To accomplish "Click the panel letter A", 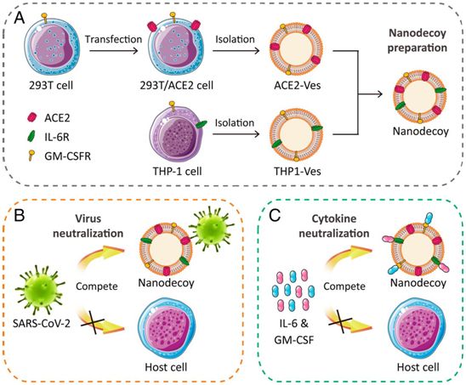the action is click(20, 19).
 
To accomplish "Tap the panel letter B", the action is click(20, 216).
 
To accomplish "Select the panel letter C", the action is click(275, 216).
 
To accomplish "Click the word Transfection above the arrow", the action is click(114, 39).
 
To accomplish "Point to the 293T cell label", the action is click(51, 86).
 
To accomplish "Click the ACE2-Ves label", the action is click(297, 86).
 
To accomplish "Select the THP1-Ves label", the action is click(298, 172).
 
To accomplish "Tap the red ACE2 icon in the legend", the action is click(31, 117).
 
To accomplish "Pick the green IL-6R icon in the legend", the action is click(31, 136).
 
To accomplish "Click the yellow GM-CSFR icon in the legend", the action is click(31, 156).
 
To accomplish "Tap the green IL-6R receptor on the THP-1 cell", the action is click(201, 124).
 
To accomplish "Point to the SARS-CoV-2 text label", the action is click(42, 323).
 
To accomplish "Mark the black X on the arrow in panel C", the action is click(341, 321).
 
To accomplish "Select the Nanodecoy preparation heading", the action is click(418, 41).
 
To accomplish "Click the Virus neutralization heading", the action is click(88, 226).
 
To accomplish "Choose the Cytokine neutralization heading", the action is click(334, 226).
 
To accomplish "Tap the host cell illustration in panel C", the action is click(418, 328).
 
